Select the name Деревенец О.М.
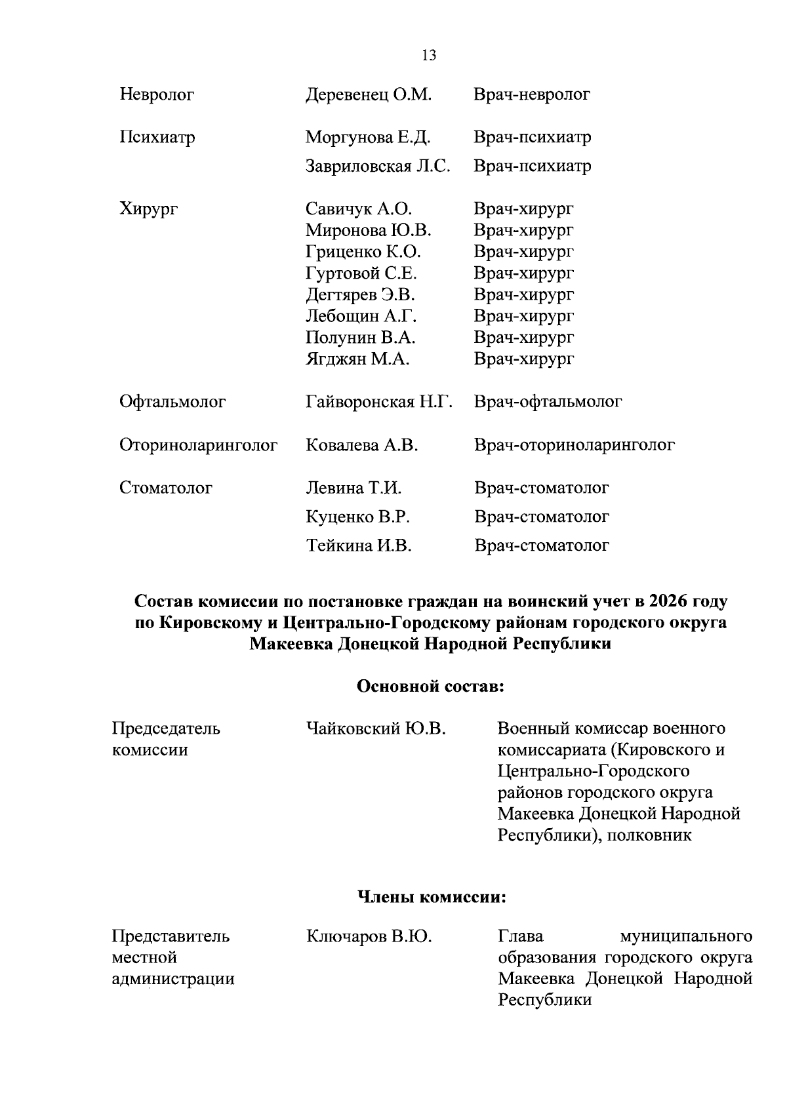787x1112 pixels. point(369,94)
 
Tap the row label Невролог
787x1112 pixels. point(157,95)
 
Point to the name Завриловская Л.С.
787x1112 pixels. point(378,166)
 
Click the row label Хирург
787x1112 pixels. point(148,209)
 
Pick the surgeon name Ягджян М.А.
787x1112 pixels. point(357,359)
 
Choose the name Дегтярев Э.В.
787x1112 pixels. point(360,294)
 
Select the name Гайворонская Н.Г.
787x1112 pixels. point(379,401)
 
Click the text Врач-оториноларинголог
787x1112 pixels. point(574,445)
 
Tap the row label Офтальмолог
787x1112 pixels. point(172,401)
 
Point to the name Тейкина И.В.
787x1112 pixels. point(359,546)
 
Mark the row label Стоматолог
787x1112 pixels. point(166,488)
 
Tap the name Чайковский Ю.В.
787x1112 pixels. point(376,728)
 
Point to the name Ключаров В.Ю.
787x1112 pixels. point(369,936)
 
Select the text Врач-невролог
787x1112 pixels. point(532,94)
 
